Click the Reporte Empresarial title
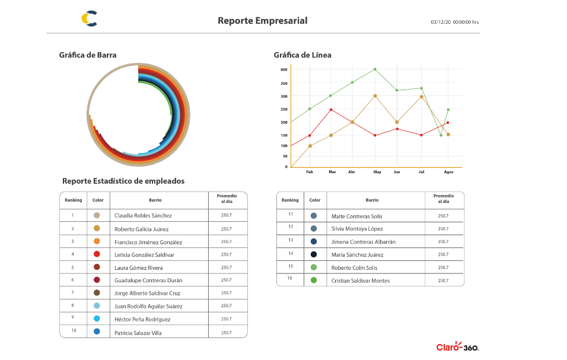coord(262,21)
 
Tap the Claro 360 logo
coord(457,347)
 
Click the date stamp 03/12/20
coord(441,23)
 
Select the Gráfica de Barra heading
coord(88,55)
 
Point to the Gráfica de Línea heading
coord(302,55)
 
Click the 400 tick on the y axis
coord(283,69)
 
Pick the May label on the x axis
coord(377,172)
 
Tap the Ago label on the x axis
coord(448,172)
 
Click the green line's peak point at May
coord(375,69)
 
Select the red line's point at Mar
coord(331,110)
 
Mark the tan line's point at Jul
coord(422,96)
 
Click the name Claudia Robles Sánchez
coord(143,216)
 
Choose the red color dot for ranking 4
coord(97,254)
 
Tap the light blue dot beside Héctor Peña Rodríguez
coord(97,318)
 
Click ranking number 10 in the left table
coord(74,330)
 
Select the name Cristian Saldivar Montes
coord(361,281)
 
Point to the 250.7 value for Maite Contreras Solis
coord(443,216)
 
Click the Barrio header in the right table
coord(372,200)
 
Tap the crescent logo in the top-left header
coord(90,19)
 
